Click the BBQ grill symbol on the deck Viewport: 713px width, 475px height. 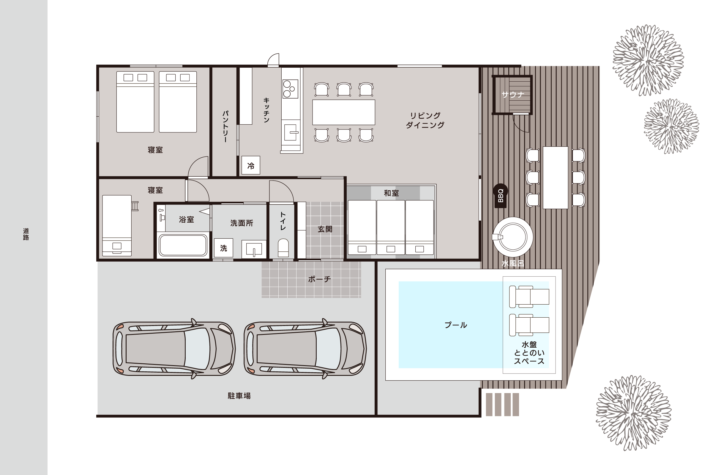coord(500,196)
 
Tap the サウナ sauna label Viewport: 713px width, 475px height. coord(513,95)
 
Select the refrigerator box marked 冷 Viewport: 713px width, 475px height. coord(251,165)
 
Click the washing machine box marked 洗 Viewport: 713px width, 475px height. coord(223,248)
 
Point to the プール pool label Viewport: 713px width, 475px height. coord(456,325)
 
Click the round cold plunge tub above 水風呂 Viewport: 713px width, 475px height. coord(513,237)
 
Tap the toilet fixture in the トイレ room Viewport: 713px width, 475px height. coord(283,248)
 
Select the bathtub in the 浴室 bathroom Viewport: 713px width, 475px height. coord(183,245)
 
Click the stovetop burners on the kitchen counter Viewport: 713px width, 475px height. coord(290,89)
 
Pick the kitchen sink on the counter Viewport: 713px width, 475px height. coord(291,132)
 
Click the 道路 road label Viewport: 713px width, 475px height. coord(26,234)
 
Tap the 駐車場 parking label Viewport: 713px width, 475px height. coord(239,396)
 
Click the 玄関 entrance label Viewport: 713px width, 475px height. coord(325,229)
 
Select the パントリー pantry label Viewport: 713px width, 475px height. coord(225,126)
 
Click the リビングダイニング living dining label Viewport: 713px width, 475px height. coord(425,120)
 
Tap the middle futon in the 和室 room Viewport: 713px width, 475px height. coord(391,227)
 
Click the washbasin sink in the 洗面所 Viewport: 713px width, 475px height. coord(254,249)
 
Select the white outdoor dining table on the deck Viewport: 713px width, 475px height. coord(555,178)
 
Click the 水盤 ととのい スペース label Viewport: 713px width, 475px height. coord(529,353)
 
